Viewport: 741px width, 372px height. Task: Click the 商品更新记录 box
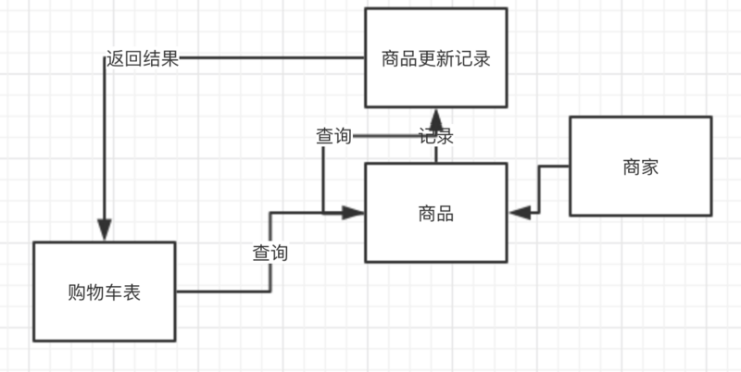435,57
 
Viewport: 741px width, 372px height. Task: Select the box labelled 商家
640,167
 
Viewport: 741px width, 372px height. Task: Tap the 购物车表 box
104,291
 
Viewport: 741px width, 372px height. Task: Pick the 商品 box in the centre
435,213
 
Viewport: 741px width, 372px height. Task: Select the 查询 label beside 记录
333,137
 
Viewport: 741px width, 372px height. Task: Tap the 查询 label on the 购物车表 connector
270,253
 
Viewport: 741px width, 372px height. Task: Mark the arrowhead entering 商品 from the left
355,213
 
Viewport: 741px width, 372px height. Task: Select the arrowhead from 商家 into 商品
519,212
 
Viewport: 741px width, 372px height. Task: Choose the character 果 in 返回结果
170,60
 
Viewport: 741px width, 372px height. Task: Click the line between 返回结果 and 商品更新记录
269,59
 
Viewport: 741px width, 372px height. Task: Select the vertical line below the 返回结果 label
104,148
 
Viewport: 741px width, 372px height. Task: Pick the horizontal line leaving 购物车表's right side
222,292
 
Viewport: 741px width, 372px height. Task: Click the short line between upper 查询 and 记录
384,137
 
